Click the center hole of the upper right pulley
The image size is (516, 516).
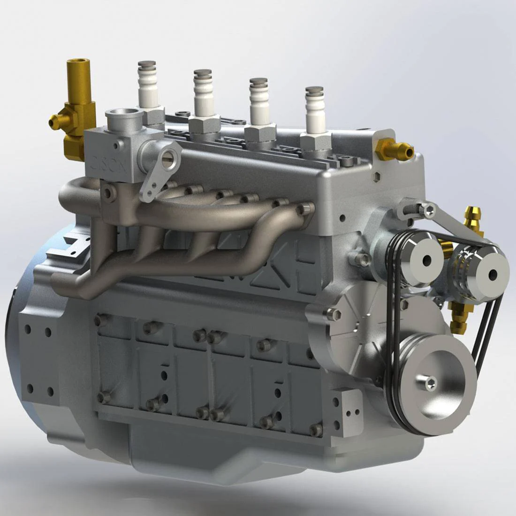pos(493,275)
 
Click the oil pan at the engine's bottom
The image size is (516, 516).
pos(235,450)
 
